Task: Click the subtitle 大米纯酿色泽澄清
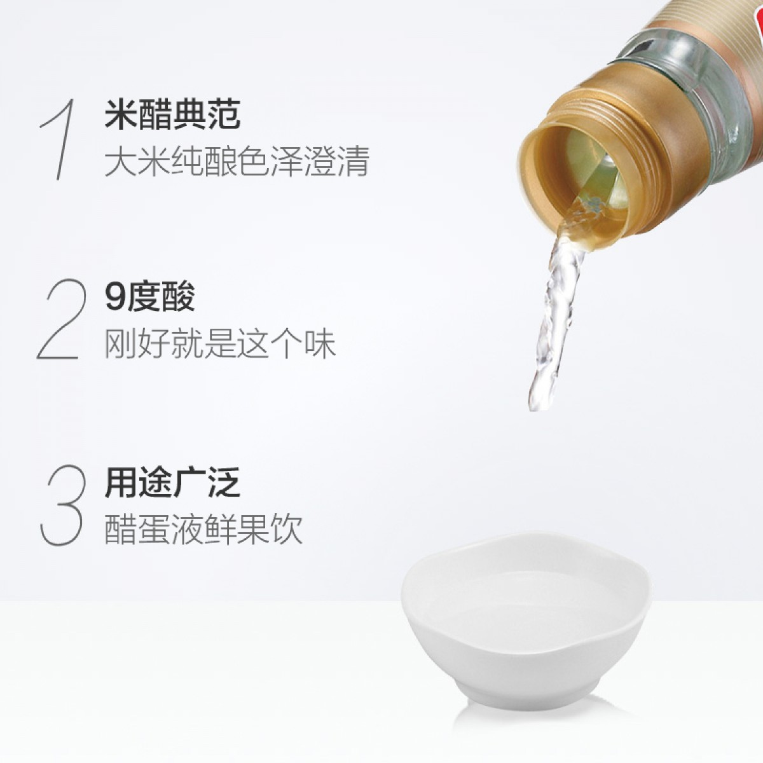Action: pos(237,161)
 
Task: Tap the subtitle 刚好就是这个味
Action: pos(220,344)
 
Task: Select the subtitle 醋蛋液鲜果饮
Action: pos(203,530)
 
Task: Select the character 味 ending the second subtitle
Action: pos(320,344)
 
